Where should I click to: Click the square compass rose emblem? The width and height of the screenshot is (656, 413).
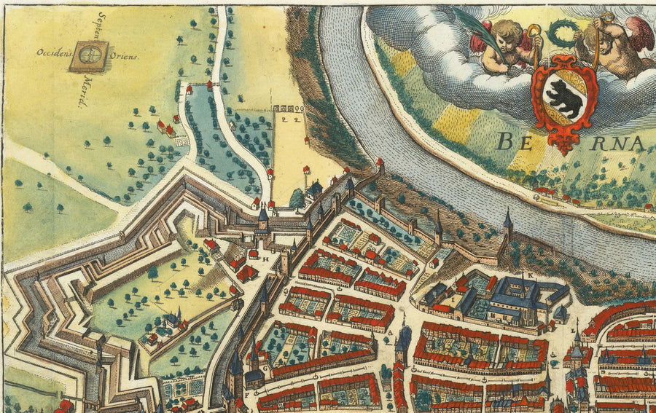(x=89, y=55)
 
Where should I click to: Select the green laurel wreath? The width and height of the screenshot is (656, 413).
(x=561, y=34)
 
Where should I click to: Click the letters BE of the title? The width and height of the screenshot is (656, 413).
(x=514, y=141)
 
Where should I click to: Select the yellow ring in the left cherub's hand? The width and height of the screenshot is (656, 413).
(x=534, y=32)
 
